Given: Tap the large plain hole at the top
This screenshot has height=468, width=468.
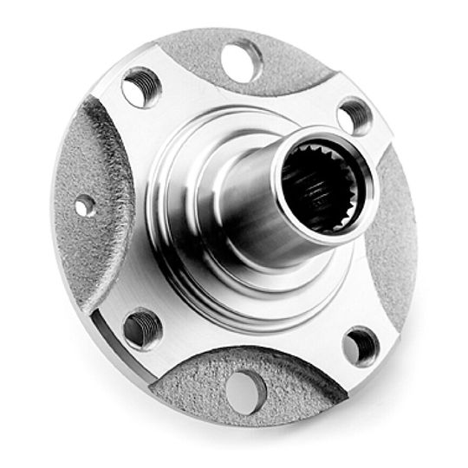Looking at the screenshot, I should pyautogui.click(x=242, y=60).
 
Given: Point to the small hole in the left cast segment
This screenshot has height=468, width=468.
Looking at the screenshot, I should pyautogui.click(x=84, y=206).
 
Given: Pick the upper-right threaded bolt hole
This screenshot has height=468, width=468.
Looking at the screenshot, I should pyautogui.click(x=354, y=115).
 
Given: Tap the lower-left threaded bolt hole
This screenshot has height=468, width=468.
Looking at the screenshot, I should pyautogui.click(x=143, y=328).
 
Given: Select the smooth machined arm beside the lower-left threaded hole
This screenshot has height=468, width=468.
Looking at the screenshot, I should pyautogui.click(x=130, y=295).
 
